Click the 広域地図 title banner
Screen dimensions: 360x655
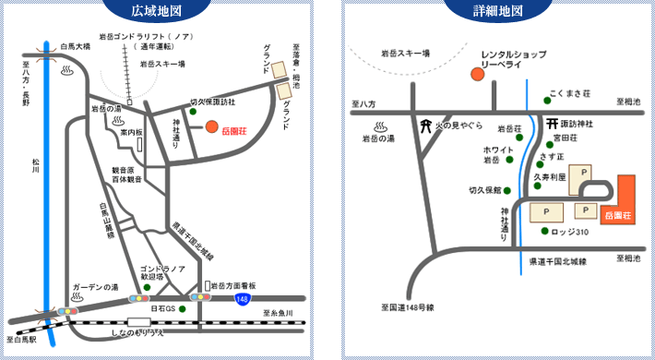pyautogui.click(x=163, y=12)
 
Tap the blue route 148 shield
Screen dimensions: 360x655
pyautogui.click(x=243, y=299)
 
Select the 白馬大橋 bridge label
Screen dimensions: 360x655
pyautogui.click(x=75, y=45)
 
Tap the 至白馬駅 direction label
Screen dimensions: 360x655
pyautogui.click(x=20, y=341)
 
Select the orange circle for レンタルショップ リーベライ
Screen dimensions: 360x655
pyautogui.click(x=477, y=73)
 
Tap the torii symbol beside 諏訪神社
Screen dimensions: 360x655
pyautogui.click(x=550, y=123)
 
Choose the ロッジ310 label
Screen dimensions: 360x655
pyautogui.click(x=570, y=232)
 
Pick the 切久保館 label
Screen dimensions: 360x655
pyautogui.click(x=484, y=190)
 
